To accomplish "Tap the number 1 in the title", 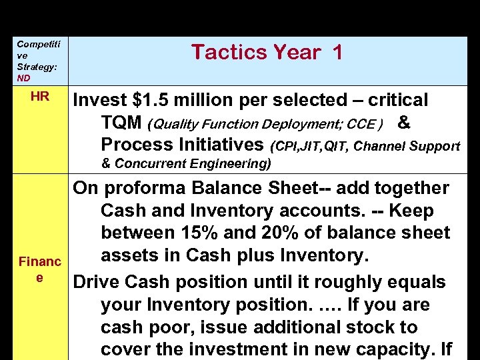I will tap(335, 52).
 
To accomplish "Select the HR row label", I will tap(39, 97).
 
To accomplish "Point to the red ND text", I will tap(24, 77).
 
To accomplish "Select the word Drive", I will tap(97, 282).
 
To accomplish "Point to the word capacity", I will tap(391, 350).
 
